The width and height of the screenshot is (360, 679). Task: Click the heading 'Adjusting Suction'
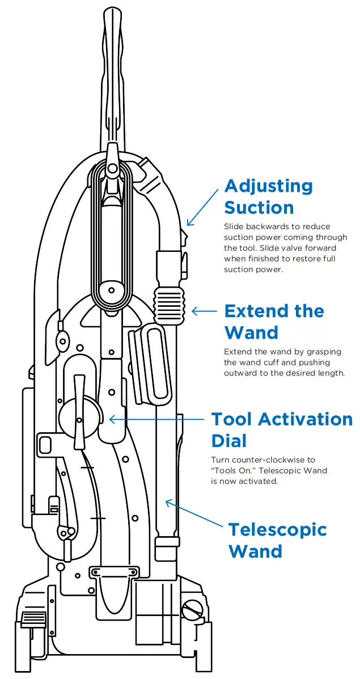click(268, 196)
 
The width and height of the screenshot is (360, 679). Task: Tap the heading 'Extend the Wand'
click(274, 321)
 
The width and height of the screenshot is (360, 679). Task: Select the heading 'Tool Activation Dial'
click(282, 429)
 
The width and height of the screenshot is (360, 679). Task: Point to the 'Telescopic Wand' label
click(277, 540)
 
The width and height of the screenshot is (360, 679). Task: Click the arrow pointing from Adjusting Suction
click(202, 207)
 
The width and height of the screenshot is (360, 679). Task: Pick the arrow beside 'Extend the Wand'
click(205, 311)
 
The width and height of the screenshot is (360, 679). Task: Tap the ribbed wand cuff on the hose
click(168, 304)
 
